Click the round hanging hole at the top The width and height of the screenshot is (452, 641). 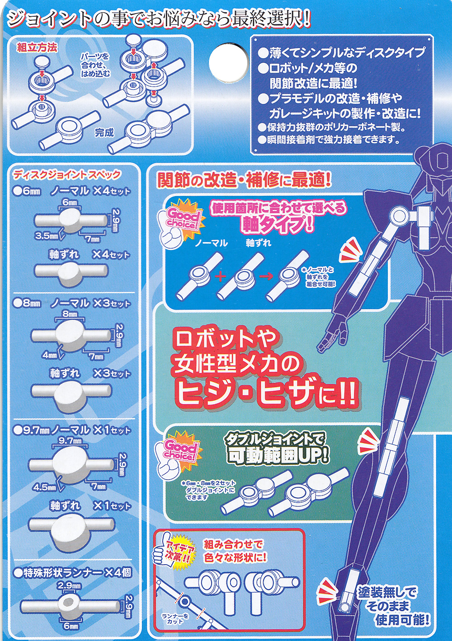pyautogui.click(x=228, y=63)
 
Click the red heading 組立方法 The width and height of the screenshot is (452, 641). pyautogui.click(x=37, y=47)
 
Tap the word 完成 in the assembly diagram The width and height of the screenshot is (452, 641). pyautogui.click(x=104, y=132)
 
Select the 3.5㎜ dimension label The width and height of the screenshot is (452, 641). pyautogui.click(x=47, y=236)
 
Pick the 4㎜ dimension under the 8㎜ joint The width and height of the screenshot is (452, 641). pyautogui.click(x=50, y=355)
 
